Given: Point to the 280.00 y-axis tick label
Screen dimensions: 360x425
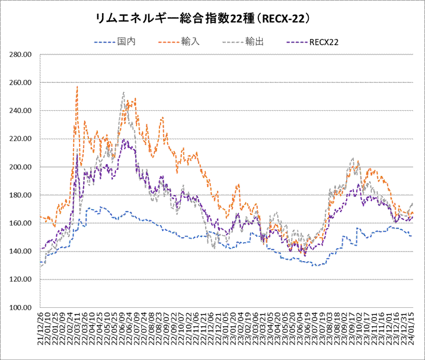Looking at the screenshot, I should [21, 54].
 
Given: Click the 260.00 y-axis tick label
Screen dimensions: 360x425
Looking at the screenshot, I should [21, 82].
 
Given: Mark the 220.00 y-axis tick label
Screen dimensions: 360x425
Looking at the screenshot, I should [21, 139].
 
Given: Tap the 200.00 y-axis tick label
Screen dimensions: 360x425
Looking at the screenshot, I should [21, 167].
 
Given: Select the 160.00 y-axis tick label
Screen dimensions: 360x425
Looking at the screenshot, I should [21, 223].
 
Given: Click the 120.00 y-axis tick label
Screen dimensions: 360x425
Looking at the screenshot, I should [21, 279].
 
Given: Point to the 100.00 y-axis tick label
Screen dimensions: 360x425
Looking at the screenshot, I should [21, 307].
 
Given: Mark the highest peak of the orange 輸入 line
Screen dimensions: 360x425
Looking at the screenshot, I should [77, 87].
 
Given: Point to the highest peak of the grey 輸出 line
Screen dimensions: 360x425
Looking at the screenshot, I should [123, 92].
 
